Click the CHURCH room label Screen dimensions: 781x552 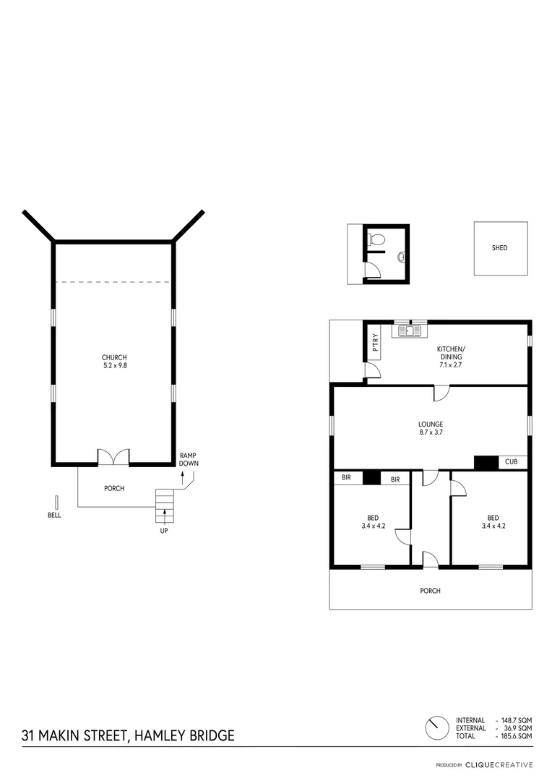pyautogui.click(x=114, y=357)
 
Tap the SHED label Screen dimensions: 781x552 pyautogui.click(x=499, y=248)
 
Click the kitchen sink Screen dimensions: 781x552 pyautogui.click(x=410, y=331)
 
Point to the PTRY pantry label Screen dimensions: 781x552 pyautogui.click(x=375, y=344)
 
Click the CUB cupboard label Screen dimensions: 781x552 pyautogui.click(x=511, y=461)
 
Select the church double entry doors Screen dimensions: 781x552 pyautogui.click(x=113, y=456)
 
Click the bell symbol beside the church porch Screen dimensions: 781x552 pyautogui.click(x=56, y=503)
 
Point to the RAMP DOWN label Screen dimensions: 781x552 pyautogui.click(x=189, y=459)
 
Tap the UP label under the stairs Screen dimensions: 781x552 pyautogui.click(x=165, y=531)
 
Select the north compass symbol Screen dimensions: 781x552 pyautogui.click(x=436, y=727)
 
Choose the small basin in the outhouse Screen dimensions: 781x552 pyautogui.click(x=400, y=255)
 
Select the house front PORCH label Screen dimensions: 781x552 pyautogui.click(x=430, y=591)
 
